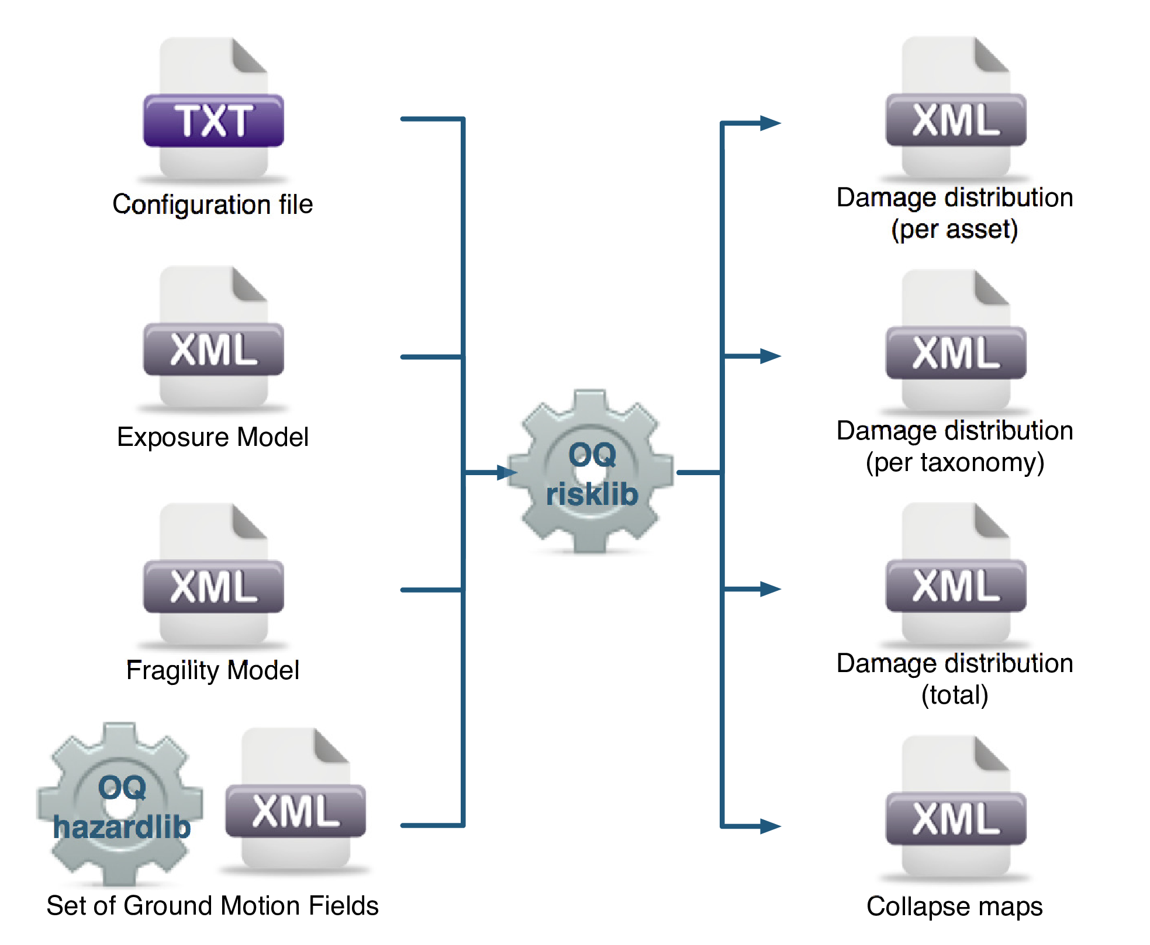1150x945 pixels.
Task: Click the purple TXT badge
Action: click(x=213, y=120)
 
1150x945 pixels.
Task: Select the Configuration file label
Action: click(x=213, y=205)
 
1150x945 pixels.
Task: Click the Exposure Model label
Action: click(x=213, y=437)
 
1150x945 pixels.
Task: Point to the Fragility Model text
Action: click(x=213, y=670)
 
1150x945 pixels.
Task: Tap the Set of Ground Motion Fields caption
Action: click(x=213, y=906)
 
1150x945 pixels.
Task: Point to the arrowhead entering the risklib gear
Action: click(x=506, y=472)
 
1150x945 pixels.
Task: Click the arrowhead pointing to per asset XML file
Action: click(x=771, y=123)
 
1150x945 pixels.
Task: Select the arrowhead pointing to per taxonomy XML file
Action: click(x=771, y=356)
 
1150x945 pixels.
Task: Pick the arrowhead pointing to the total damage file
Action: click(x=771, y=589)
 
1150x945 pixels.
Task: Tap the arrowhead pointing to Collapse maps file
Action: click(x=771, y=826)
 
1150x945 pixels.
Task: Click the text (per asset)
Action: click(x=955, y=229)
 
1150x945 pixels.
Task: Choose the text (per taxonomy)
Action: click(x=955, y=462)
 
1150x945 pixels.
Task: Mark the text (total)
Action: click(x=955, y=695)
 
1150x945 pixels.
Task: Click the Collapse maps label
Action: click(x=955, y=906)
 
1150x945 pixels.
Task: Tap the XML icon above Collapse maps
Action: click(x=956, y=809)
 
